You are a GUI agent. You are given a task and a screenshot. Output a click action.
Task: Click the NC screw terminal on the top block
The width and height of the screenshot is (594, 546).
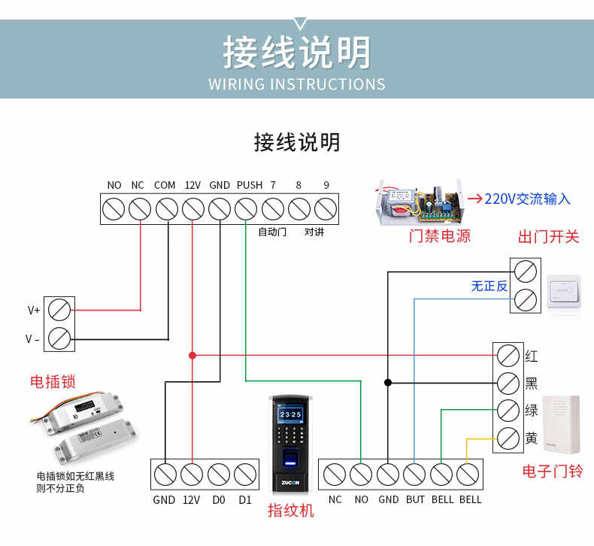pos(140,208)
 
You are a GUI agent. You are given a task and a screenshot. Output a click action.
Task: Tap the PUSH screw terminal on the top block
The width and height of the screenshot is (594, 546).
pos(246,208)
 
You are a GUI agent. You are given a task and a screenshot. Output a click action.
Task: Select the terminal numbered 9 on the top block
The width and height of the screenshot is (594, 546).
pos(325,208)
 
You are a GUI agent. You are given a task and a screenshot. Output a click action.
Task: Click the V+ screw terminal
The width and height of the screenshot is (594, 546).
pos(60,309)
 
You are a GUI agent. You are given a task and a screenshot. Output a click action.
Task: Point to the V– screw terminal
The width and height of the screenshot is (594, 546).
pos(60,338)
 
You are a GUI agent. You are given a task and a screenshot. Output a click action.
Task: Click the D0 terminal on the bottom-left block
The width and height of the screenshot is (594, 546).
pos(218,474)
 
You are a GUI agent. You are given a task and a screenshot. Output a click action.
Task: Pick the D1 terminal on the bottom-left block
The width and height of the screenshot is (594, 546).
pos(245,474)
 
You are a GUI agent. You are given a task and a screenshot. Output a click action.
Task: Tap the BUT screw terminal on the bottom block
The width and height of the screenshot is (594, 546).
pos(414,474)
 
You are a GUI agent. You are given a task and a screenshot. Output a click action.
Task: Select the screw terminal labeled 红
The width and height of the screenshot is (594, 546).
pos(509,355)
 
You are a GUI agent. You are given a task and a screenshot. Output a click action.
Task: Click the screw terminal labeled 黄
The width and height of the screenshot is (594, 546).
pos(509,438)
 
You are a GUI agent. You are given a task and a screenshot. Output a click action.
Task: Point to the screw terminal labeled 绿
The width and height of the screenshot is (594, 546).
pos(509,411)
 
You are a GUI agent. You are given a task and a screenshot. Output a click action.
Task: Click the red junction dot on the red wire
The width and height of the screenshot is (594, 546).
pos(192,355)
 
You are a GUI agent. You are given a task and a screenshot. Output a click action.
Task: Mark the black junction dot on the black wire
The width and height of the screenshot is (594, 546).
pos(388,383)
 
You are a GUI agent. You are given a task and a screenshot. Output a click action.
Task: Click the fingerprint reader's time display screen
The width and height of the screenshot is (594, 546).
pos(290,414)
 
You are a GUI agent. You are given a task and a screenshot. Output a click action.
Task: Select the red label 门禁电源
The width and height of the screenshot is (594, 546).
pos(440,236)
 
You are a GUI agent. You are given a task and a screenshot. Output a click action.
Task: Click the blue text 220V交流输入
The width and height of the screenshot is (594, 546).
pos(527,199)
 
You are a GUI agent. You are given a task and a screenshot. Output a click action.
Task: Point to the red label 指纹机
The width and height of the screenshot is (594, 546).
pos(291,511)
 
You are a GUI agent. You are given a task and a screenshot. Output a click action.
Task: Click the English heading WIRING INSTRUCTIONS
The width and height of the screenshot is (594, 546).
pos(297,83)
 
